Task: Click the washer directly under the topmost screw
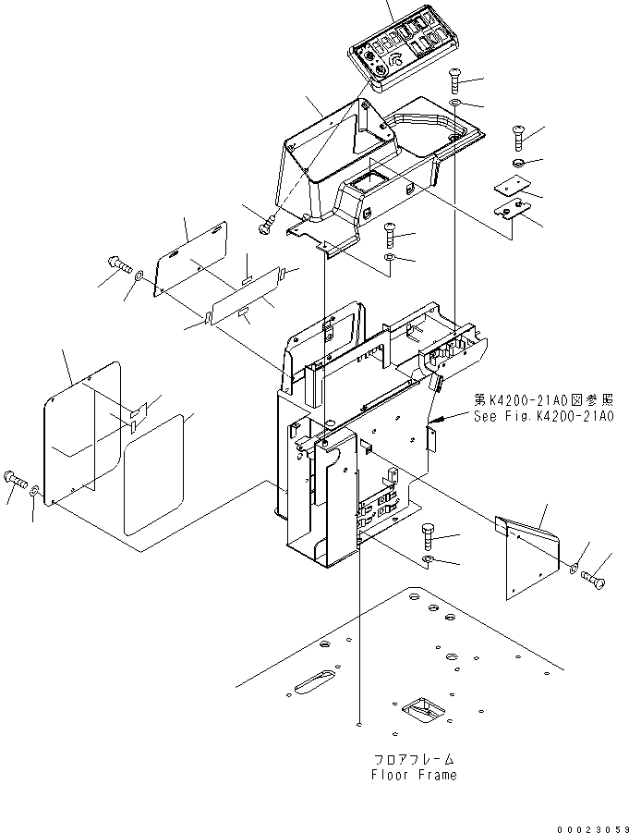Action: [456, 102]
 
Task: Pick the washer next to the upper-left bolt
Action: [138, 275]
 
